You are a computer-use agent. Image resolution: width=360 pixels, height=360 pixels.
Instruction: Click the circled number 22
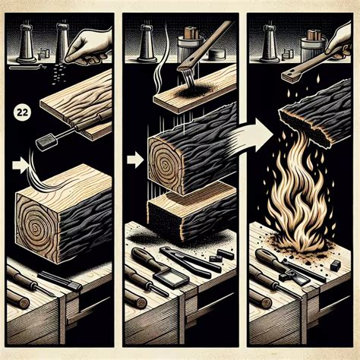pos(23,112)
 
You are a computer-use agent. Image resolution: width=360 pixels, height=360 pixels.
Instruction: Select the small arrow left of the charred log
pos(135,159)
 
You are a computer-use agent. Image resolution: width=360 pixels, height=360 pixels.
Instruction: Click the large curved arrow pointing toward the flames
pos(253,134)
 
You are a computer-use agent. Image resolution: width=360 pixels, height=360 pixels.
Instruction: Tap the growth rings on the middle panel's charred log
pos(165,165)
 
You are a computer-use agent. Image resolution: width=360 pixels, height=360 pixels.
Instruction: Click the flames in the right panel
pos(298,203)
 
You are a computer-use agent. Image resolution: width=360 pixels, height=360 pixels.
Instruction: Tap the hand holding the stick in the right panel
pos(339,40)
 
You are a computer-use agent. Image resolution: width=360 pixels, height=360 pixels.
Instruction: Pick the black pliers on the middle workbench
pos(188,261)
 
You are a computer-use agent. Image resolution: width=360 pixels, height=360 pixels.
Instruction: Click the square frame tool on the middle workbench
pos(171,279)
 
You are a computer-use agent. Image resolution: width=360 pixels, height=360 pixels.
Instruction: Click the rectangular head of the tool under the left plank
pos(45,142)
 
